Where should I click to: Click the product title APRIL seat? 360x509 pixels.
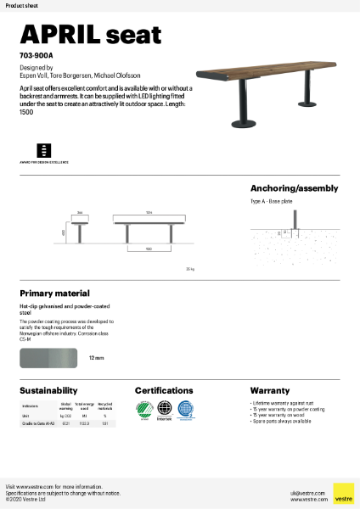point(90,34)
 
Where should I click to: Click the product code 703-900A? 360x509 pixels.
point(35,55)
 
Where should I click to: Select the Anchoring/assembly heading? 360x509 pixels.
point(294,188)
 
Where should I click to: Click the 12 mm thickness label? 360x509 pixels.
point(96,359)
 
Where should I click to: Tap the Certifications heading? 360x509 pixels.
point(170,391)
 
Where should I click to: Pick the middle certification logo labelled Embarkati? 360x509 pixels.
point(165,410)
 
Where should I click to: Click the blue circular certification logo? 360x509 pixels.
point(185,409)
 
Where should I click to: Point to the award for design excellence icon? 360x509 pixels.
point(44,149)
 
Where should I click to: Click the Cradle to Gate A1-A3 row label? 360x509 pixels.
point(38,422)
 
